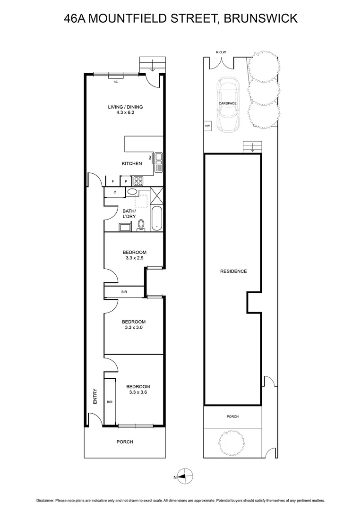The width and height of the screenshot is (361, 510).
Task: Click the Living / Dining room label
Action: [x=125, y=107]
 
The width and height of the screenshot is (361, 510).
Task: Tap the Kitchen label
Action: [x=132, y=164]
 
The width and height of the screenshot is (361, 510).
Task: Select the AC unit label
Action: [x=115, y=82]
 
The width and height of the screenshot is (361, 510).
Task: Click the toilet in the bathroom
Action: [x=141, y=226]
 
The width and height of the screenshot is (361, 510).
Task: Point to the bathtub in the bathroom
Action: [x=156, y=219]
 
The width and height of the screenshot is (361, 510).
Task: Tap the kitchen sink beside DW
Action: [x=159, y=162]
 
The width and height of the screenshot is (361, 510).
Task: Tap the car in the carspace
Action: [x=228, y=104]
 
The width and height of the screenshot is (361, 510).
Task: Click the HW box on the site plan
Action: [x=207, y=126]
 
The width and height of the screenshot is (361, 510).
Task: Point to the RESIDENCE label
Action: [x=233, y=271]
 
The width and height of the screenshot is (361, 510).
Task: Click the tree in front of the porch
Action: [x=232, y=443]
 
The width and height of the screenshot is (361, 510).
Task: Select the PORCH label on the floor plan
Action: [x=125, y=442]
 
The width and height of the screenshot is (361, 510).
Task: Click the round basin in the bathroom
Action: [x=132, y=192]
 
